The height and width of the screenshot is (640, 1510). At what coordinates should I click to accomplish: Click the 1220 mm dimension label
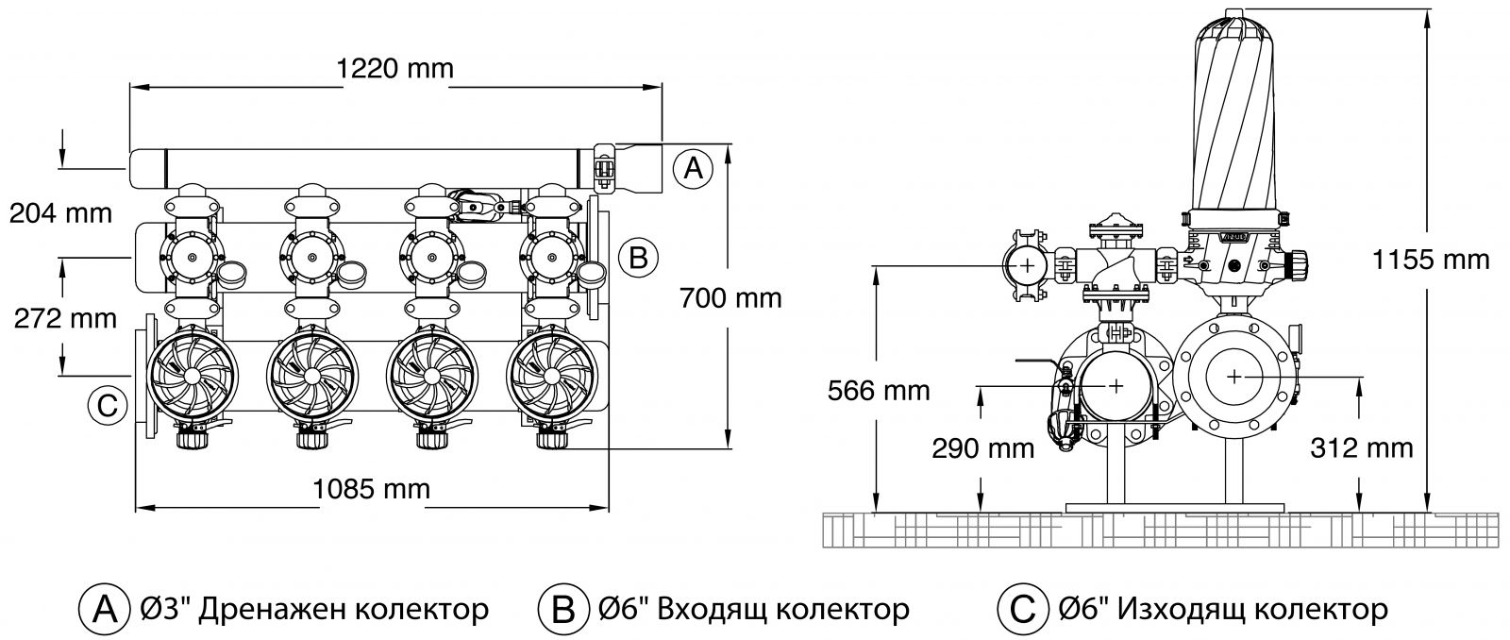pos(394,68)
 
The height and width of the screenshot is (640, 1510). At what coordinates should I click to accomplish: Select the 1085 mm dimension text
pos(371,488)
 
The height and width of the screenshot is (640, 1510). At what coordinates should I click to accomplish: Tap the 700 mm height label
pos(730,298)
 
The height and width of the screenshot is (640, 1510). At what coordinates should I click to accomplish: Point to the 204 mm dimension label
pos(60,213)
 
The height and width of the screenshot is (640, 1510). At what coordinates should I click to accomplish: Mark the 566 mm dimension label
pos(878,389)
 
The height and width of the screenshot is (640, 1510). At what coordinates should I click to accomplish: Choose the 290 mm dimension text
pos(983,447)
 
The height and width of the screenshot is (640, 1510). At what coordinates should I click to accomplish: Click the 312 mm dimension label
pos(1363,447)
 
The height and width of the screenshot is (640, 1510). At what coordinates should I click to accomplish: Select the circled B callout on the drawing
pos(638,257)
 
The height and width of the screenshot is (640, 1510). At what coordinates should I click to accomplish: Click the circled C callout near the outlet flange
pos(107,405)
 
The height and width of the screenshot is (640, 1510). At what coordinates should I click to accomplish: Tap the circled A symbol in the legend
pos(102,609)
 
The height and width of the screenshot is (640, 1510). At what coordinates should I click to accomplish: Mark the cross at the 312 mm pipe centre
pos(1234,377)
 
